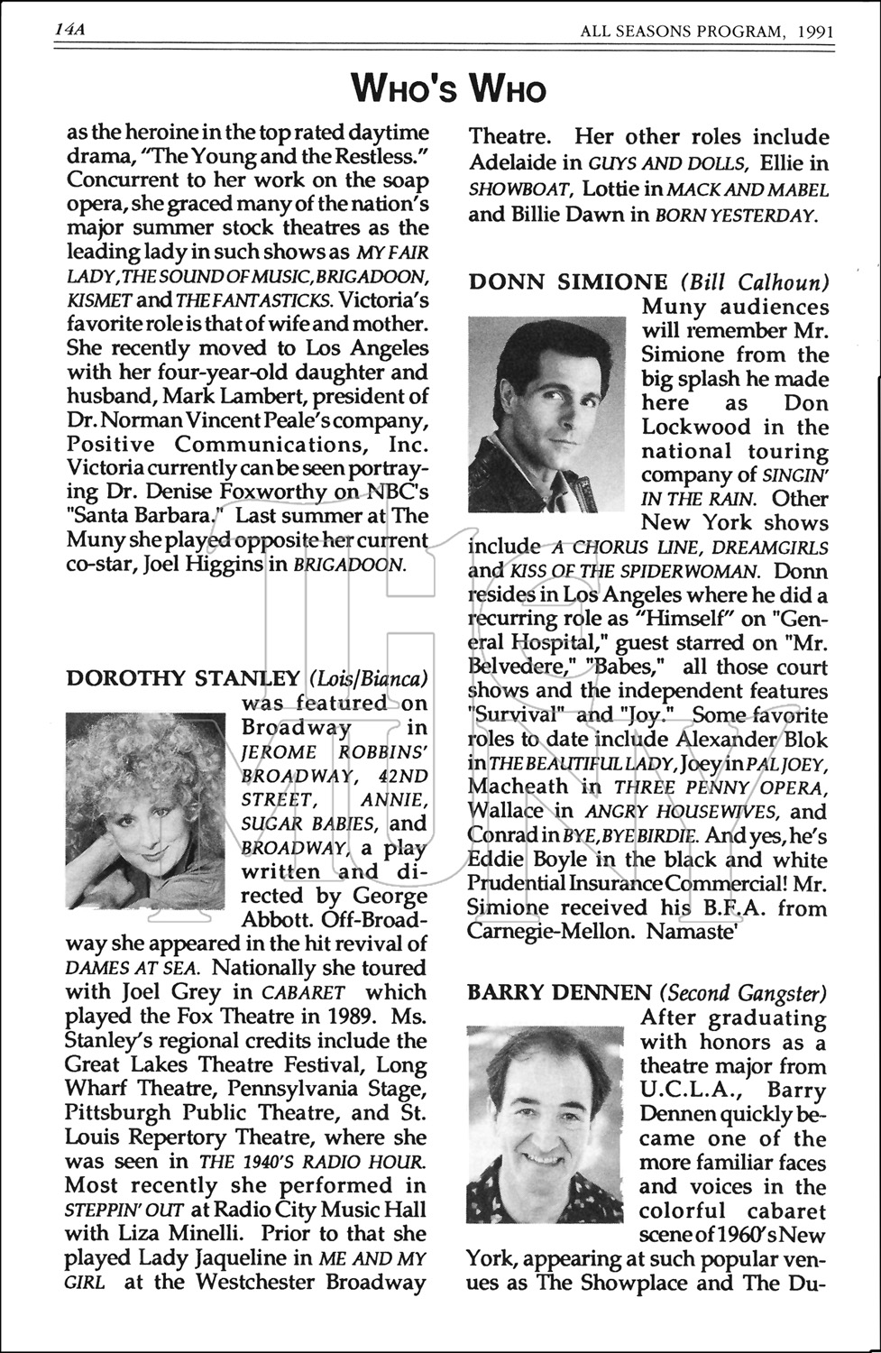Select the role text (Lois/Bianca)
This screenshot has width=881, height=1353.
tap(368, 678)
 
